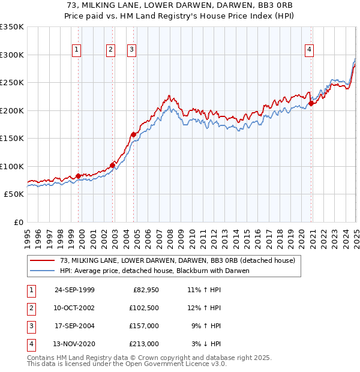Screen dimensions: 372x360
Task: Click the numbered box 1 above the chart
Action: pyautogui.click(x=77, y=50)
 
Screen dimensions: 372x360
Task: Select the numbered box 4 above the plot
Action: pyautogui.click(x=309, y=50)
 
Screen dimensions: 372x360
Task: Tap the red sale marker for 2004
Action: pyautogui.click(x=133, y=134)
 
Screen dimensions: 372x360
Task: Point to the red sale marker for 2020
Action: pyautogui.click(x=311, y=103)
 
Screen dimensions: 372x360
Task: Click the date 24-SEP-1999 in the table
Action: pyautogui.click(x=74, y=290)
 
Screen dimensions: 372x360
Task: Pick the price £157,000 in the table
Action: pyautogui.click(x=144, y=326)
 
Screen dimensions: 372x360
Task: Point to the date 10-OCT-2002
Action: pyautogui.click(x=74, y=308)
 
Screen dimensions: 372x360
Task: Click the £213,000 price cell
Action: pyautogui.click(x=144, y=344)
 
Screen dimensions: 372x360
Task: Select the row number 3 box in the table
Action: pyautogui.click(x=31, y=326)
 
